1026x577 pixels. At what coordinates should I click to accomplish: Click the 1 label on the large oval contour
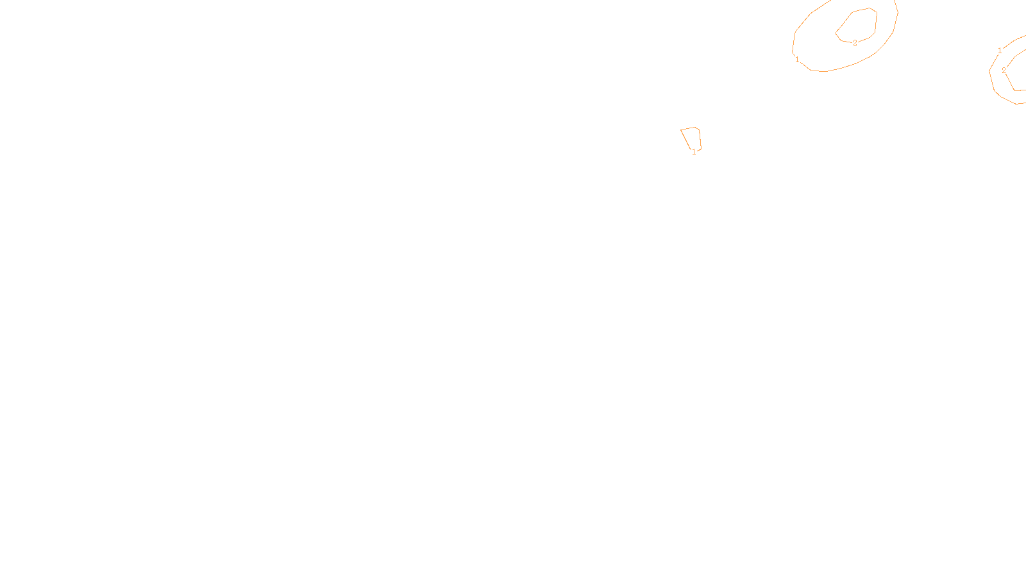[797, 60]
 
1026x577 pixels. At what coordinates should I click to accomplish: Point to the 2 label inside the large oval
[855, 43]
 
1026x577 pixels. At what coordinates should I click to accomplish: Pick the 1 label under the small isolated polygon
[694, 152]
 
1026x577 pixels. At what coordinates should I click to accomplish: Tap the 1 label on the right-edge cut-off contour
[1000, 51]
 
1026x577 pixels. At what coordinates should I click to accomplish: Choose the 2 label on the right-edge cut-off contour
[1004, 71]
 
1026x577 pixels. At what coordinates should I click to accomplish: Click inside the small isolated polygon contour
[692, 138]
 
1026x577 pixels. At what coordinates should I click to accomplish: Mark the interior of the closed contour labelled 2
[859, 26]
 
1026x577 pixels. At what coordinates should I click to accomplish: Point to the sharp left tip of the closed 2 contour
[836, 33]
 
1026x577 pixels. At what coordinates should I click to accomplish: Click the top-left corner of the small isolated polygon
[682, 130]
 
